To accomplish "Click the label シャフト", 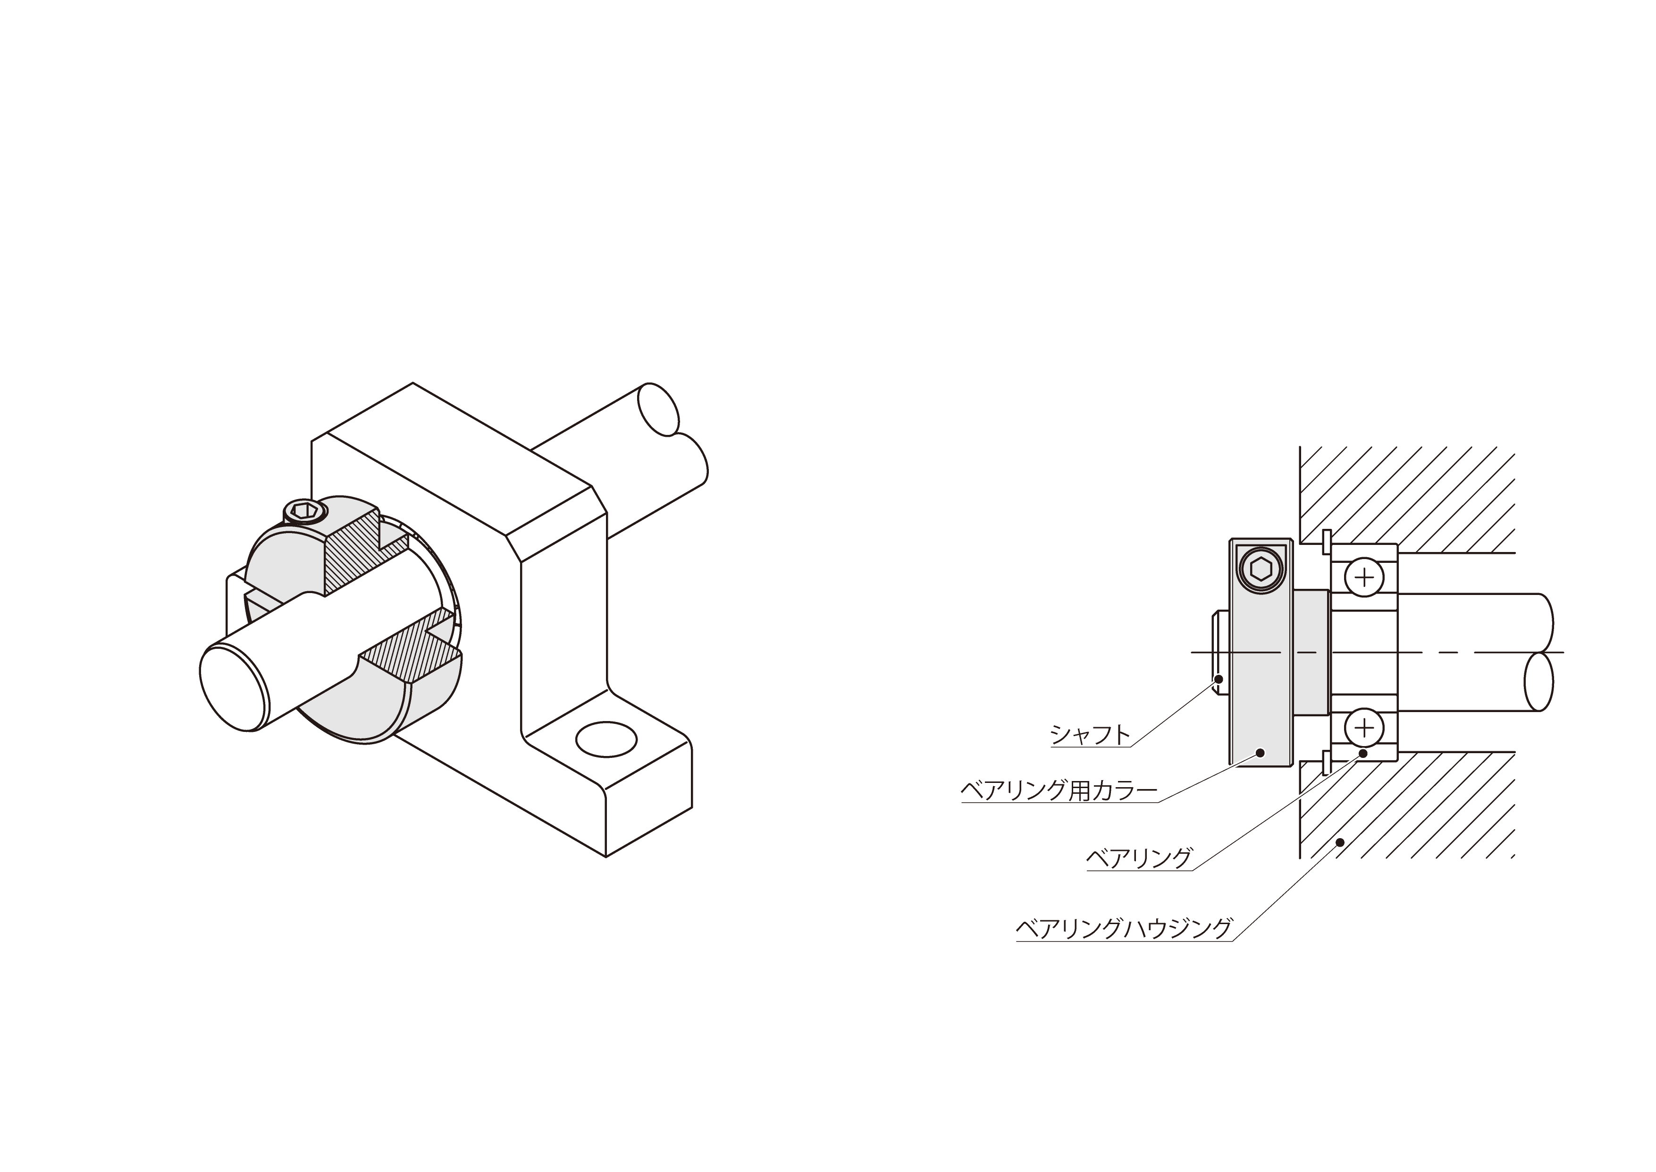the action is (1090, 735).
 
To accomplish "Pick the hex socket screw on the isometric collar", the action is (304, 511).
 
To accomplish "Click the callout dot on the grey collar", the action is (1261, 752).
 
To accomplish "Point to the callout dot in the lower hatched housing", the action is (1340, 841).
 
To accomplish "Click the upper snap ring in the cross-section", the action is (1326, 543).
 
